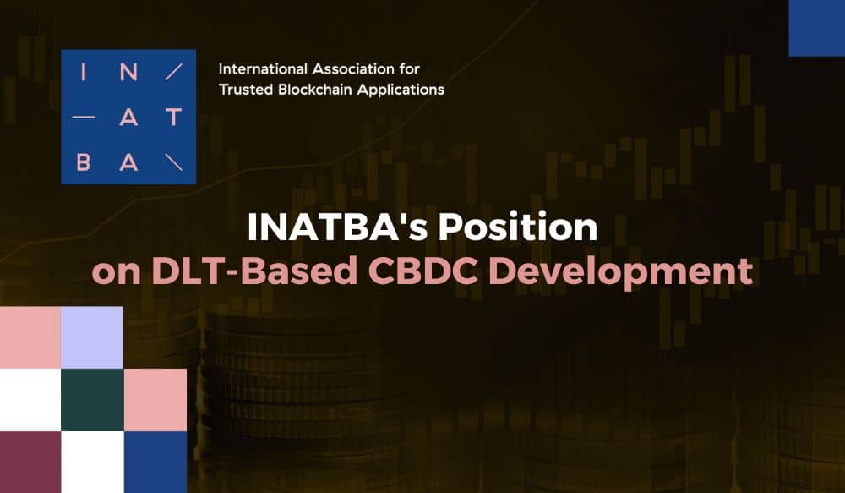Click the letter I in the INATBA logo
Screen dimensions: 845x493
(x=83, y=72)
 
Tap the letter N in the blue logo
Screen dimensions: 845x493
(x=128, y=72)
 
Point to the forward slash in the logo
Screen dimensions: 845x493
(x=173, y=72)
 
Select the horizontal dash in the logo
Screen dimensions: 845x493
(x=83, y=117)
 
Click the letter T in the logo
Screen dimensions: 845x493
(x=173, y=117)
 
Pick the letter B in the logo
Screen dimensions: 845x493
(x=83, y=162)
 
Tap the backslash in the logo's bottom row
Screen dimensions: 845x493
(x=173, y=162)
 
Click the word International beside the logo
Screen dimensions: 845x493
(x=263, y=69)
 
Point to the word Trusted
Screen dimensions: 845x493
(x=246, y=90)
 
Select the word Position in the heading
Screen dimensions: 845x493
(x=518, y=227)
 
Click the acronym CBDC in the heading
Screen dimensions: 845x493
(x=423, y=271)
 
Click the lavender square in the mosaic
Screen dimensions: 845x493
(x=91, y=337)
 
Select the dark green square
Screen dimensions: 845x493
(x=93, y=400)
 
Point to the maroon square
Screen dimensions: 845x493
(x=30, y=462)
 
